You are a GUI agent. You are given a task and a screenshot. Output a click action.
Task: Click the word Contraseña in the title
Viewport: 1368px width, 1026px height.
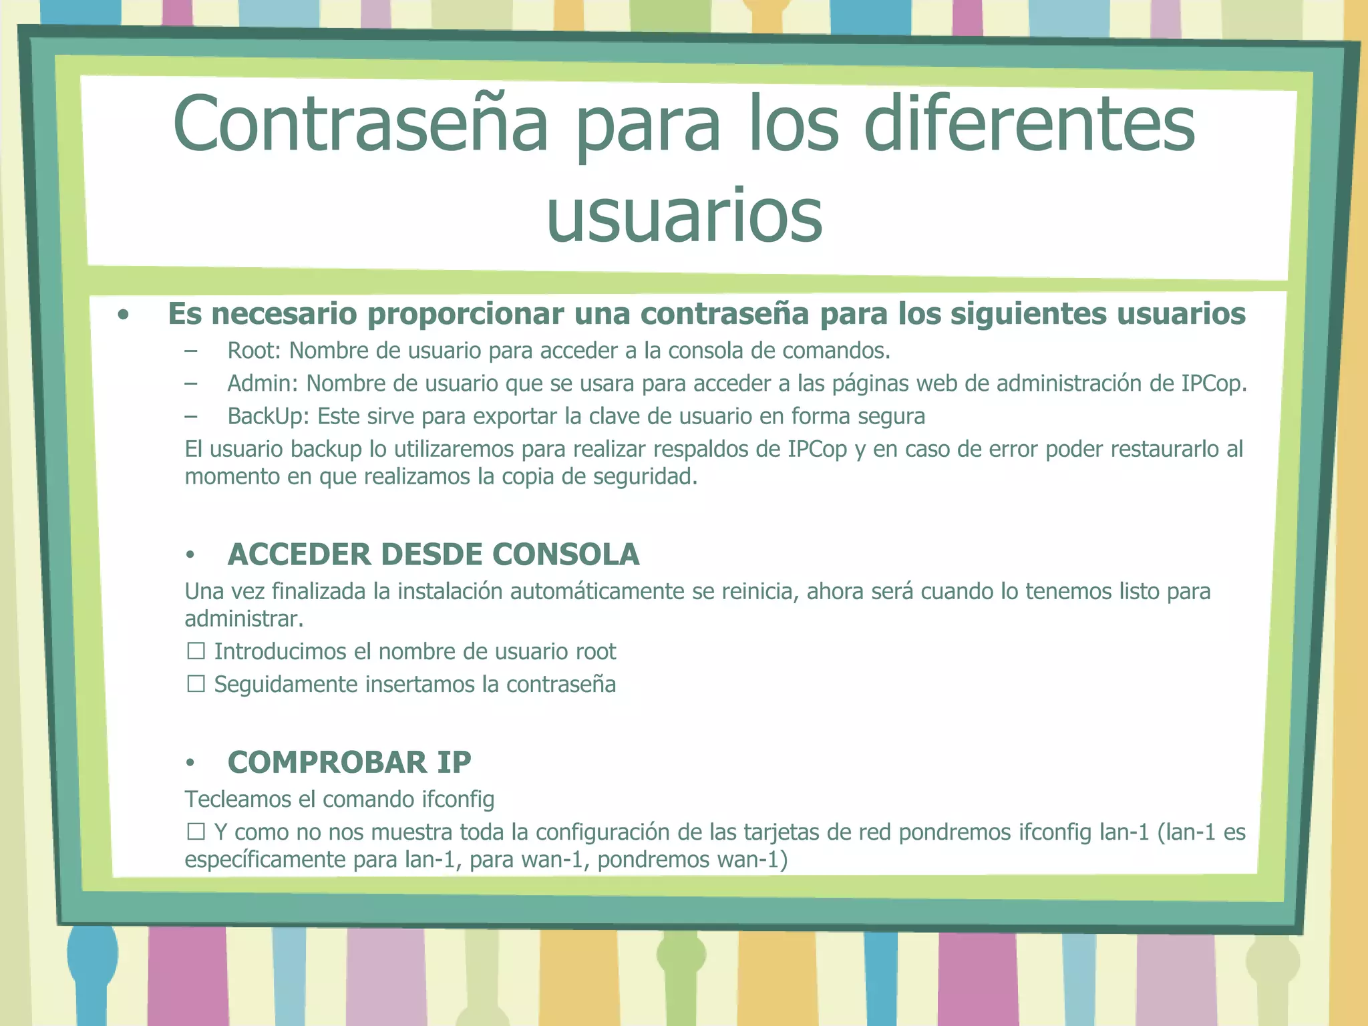pos(361,124)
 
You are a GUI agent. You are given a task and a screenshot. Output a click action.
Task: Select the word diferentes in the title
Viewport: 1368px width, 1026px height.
pos(1029,124)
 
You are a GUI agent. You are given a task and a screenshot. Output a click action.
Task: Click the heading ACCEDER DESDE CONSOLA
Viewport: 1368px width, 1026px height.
pos(434,554)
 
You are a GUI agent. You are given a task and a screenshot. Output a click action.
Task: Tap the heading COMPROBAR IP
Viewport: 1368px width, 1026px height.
pos(349,762)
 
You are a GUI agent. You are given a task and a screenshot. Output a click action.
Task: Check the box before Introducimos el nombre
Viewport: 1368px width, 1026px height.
pos(196,651)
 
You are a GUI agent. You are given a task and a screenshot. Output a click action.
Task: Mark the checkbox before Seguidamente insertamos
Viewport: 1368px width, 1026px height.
pos(196,684)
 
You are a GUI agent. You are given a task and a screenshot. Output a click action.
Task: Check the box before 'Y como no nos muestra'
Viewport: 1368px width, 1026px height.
pos(196,832)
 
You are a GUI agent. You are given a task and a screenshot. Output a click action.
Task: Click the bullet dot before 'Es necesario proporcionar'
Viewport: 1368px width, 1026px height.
pos(123,315)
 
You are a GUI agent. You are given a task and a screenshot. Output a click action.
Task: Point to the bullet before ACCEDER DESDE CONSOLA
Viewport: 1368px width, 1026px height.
pos(190,555)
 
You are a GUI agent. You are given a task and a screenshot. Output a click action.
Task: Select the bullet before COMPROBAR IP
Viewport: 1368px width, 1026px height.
pos(190,763)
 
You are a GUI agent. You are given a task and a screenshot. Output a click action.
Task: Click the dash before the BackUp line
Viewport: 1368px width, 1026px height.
pos(191,416)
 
